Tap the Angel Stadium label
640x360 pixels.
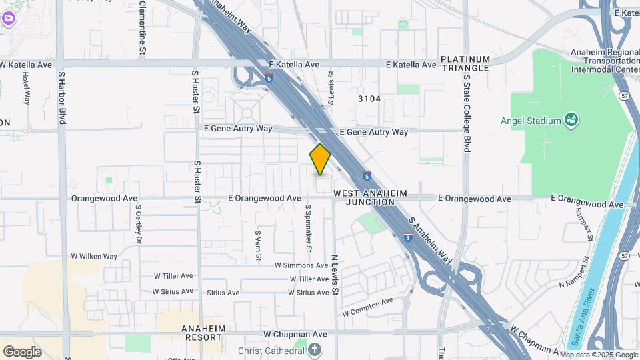tap(531, 121)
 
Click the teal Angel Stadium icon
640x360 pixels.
tap(571, 120)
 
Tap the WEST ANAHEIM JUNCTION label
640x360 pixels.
tap(370, 197)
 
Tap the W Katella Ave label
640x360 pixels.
tap(26, 65)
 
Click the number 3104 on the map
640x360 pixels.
tap(369, 99)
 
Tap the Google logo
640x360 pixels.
tap(22, 351)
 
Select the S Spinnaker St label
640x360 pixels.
tap(309, 227)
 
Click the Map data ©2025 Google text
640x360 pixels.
tap(599, 355)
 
